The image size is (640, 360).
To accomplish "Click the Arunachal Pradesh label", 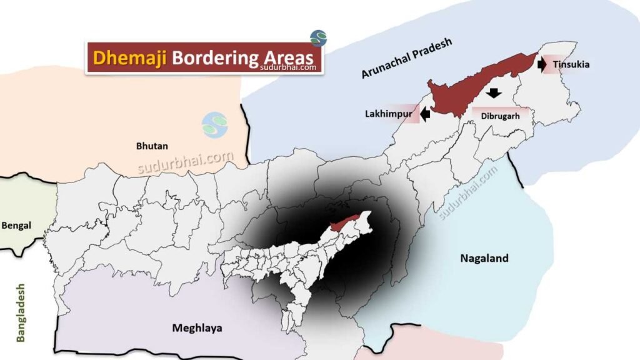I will [406, 59].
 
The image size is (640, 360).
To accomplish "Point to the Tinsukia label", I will [571, 64].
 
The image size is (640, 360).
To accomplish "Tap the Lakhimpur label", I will [388, 114].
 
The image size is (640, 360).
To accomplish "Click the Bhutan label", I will [152, 146].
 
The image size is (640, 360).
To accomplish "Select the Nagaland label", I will [484, 258].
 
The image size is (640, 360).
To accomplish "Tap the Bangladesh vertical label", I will [21, 312].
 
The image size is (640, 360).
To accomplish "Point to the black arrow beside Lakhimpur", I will [426, 114].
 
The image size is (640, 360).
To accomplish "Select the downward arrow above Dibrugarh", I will [494, 93].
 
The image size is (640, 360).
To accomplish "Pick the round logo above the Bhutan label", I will [215, 125].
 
